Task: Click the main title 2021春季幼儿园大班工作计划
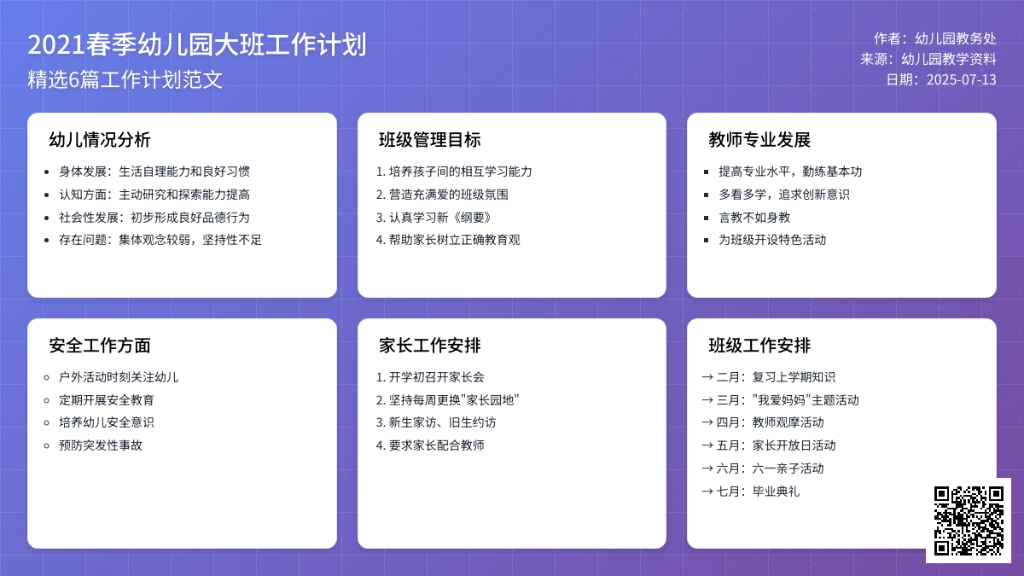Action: point(197,44)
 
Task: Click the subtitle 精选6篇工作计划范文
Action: point(125,80)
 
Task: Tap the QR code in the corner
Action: point(968,521)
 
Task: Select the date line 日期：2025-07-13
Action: point(940,80)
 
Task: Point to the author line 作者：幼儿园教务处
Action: point(934,38)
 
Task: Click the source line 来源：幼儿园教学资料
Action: point(928,60)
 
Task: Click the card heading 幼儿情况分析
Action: point(100,140)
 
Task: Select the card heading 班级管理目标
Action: point(429,140)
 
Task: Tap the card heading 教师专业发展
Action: point(759,140)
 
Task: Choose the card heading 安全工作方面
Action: point(100,346)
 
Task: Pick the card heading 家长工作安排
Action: point(429,346)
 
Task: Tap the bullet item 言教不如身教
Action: point(754,218)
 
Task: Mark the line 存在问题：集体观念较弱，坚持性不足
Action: point(160,240)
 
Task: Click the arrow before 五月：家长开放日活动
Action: point(707,445)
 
